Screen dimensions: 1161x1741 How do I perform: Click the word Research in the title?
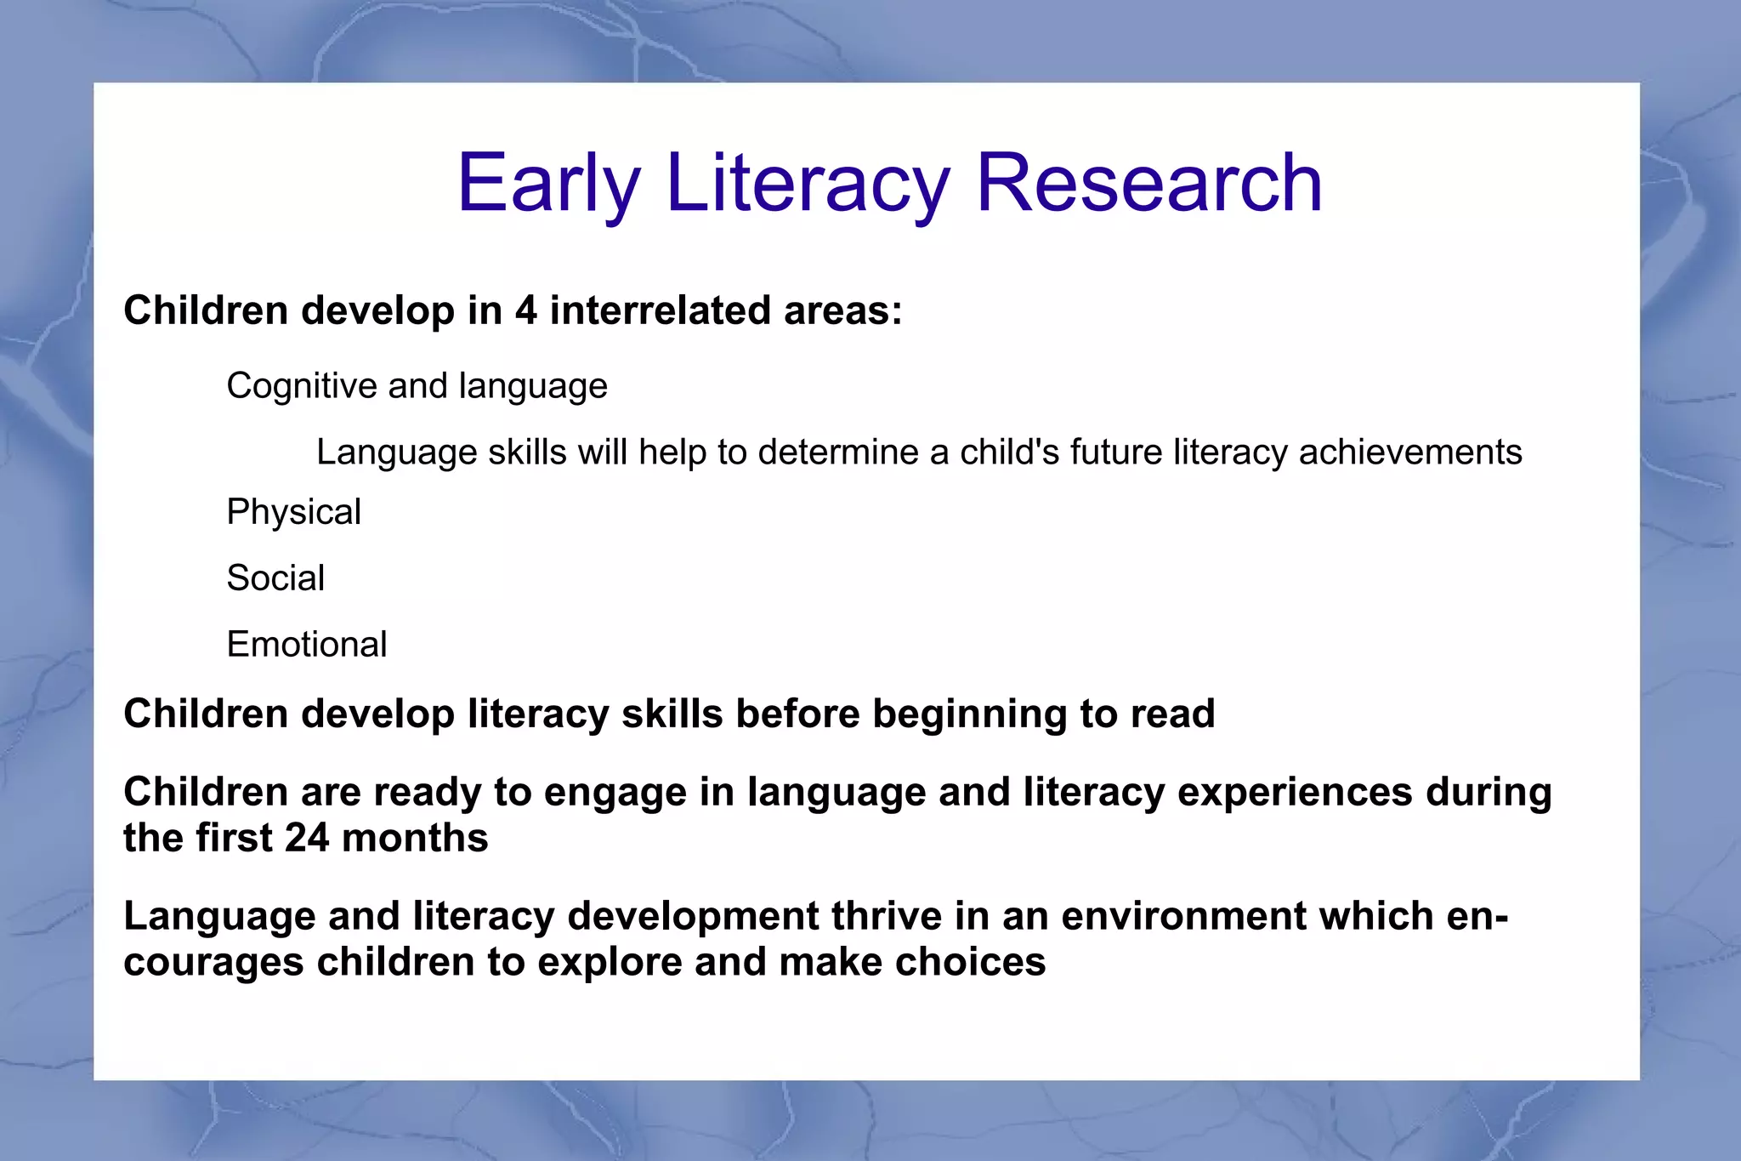[1149, 183]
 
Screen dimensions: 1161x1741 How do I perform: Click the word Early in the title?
[548, 183]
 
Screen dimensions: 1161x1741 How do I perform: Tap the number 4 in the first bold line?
[526, 310]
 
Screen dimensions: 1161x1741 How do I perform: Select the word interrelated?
[660, 310]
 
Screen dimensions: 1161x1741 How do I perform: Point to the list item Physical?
[293, 512]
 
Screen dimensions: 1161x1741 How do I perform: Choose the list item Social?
[275, 578]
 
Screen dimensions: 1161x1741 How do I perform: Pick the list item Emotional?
[307, 645]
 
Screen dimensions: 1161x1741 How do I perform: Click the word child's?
[1009, 452]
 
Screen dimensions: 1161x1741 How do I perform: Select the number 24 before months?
[307, 839]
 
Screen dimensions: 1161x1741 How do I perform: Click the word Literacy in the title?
[808, 183]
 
